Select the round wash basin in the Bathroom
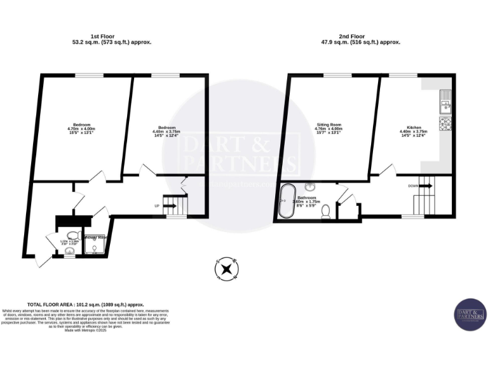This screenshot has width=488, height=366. coord(311,187)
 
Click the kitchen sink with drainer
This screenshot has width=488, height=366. coord(445,101)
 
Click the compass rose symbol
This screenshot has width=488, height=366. coord(226,269)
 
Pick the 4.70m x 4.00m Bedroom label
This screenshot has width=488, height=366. coord(81,128)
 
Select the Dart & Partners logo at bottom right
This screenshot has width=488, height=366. coord(470,314)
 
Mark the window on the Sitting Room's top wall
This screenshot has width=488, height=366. coord(330,75)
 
